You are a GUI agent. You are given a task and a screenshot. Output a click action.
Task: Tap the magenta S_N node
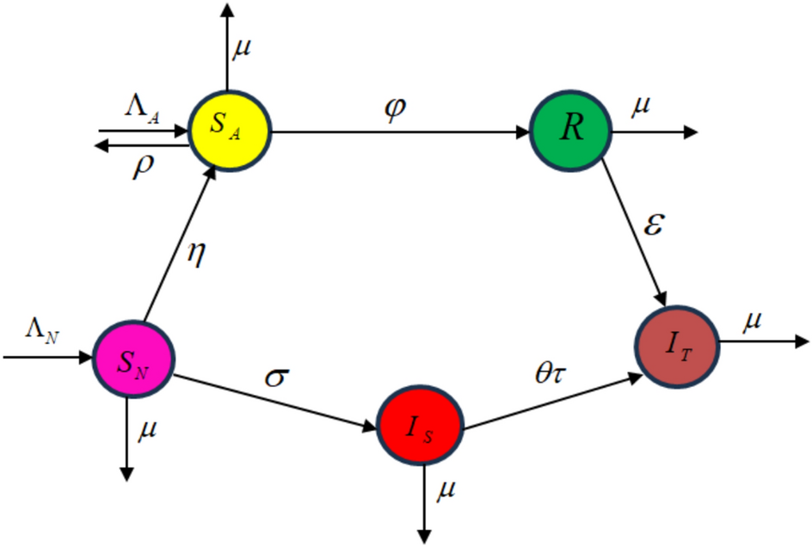(133, 359)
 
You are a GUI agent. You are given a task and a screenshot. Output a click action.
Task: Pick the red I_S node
(420, 425)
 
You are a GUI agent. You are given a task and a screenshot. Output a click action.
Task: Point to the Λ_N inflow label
(42, 334)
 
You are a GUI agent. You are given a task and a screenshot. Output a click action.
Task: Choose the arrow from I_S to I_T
(551, 401)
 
